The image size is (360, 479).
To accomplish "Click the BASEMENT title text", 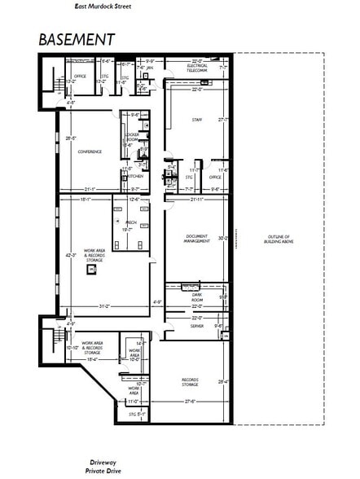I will (76, 39).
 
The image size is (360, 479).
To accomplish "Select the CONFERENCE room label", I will (90, 152).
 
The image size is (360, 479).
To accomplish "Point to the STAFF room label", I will (198, 120).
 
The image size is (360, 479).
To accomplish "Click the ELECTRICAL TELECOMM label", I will (197, 68).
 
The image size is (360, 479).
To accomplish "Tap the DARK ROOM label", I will (197, 299).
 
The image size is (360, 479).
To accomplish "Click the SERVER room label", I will (197, 325).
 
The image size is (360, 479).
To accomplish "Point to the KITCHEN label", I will (134, 176).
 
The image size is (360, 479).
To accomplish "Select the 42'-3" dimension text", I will (71, 255).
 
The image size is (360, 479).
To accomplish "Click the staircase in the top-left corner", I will (55, 82).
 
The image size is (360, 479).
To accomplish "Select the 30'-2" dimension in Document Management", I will (224, 239).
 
